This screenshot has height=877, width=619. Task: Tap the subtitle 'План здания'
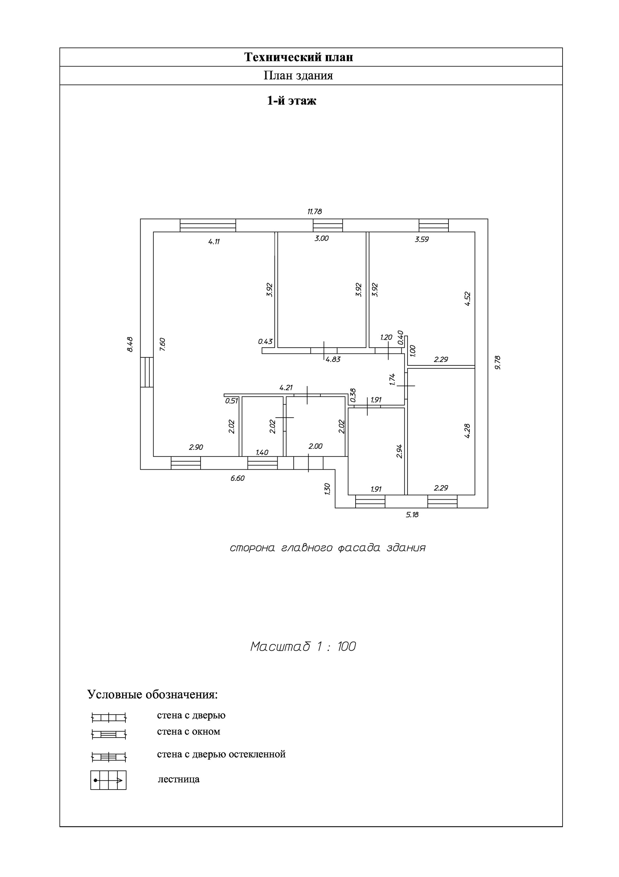point(299,76)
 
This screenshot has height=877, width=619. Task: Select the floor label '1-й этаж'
point(291,101)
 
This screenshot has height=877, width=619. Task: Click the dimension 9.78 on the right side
point(497,362)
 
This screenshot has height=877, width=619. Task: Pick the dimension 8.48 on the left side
point(130,344)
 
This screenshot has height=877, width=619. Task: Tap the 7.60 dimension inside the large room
point(162,344)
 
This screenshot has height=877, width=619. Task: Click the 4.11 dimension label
point(214,241)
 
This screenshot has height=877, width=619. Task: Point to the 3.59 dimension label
point(422,240)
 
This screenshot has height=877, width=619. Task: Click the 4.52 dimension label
point(468,299)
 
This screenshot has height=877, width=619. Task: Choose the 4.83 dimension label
point(333,360)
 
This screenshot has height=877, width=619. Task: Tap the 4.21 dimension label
point(286,388)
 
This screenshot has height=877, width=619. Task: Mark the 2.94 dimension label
point(399,451)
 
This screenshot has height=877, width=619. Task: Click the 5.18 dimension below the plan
point(412,515)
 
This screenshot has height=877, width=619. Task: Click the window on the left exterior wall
point(147,372)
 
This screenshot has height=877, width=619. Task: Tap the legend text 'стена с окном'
point(189,732)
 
